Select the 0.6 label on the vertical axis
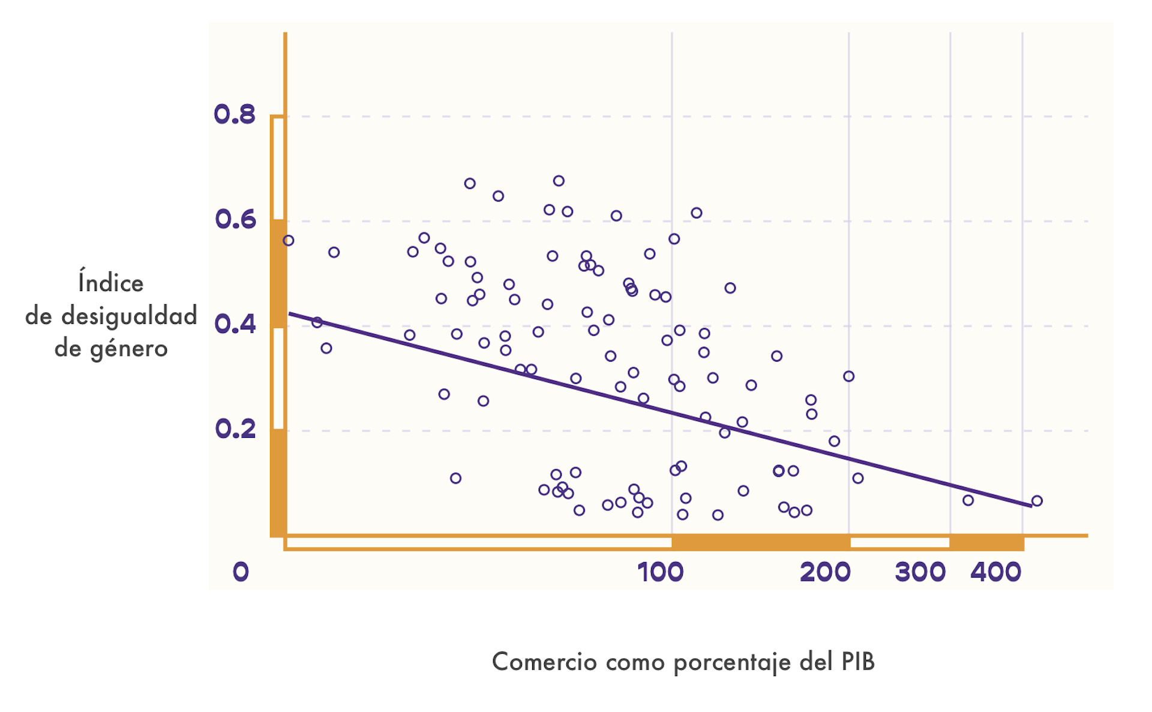coord(235,220)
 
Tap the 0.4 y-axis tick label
coord(235,325)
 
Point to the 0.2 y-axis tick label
coord(235,429)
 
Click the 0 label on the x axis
coord(241,572)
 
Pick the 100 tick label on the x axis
coord(661,572)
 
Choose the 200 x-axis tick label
coord(825,572)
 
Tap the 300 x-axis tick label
coord(920,572)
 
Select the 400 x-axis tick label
coord(996,572)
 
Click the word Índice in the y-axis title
coord(111,283)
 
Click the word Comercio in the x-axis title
coord(544,662)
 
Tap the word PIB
coord(858,662)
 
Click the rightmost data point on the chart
coord(1037,501)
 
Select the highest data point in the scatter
coord(559,181)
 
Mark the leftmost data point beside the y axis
coord(289,241)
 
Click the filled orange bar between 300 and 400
coord(986,543)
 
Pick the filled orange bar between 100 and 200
coord(760,543)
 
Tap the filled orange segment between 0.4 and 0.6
coord(278,274)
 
